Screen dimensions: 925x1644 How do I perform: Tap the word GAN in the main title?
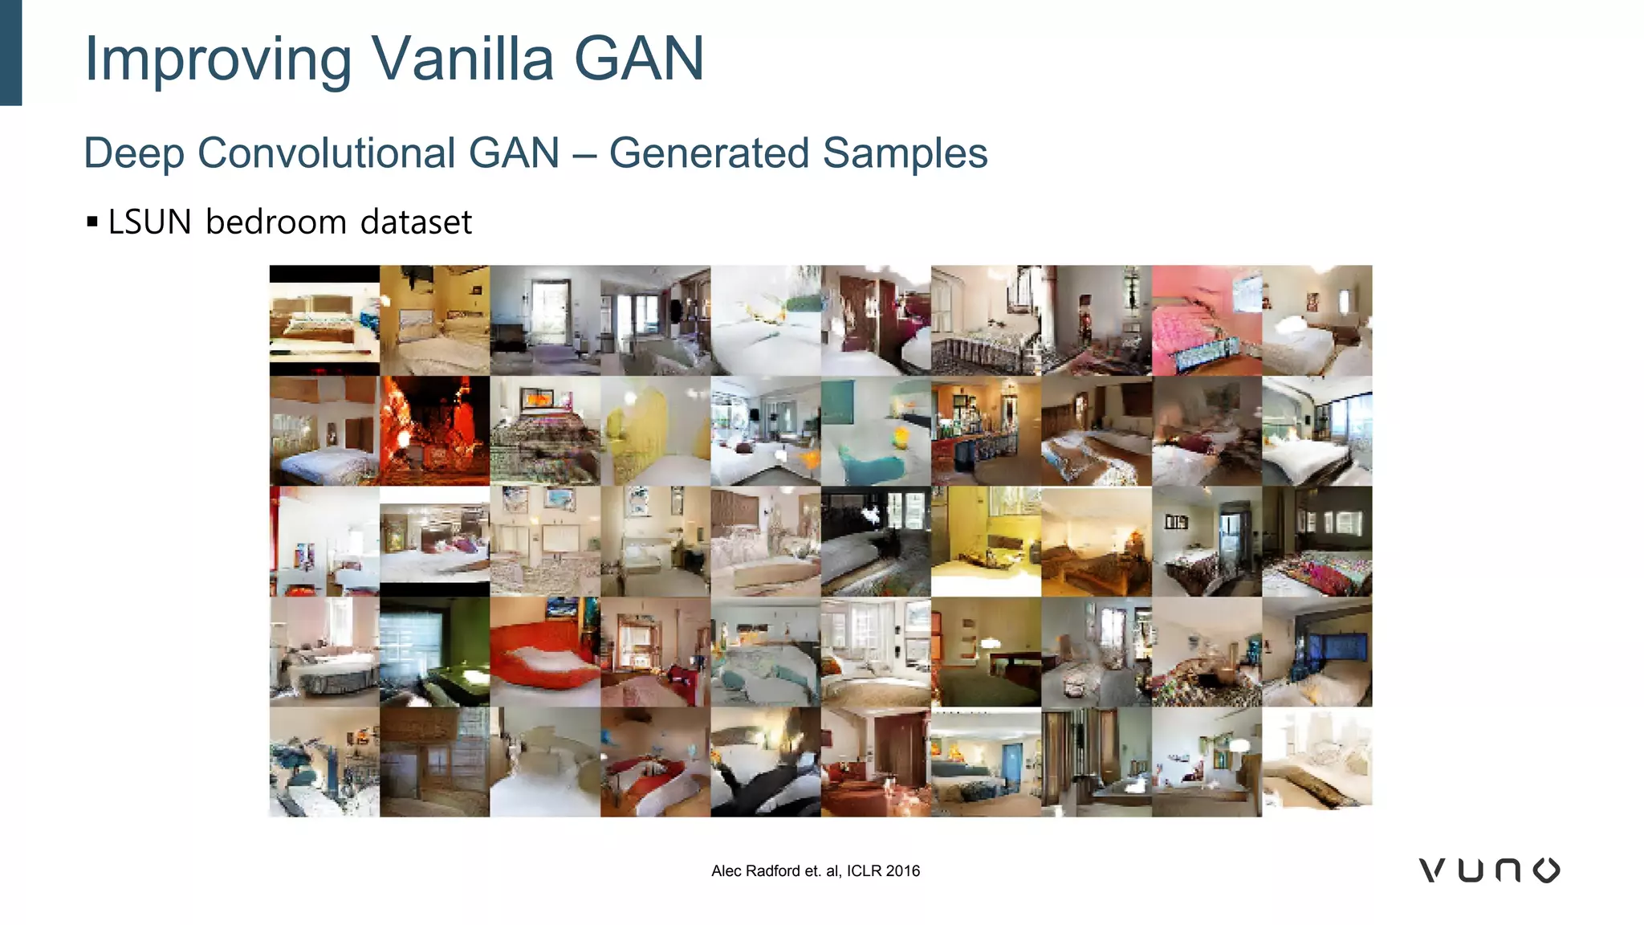pyautogui.click(x=639, y=59)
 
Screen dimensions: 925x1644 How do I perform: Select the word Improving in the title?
pyautogui.click(x=218, y=60)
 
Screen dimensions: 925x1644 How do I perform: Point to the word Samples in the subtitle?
pyautogui.click(x=905, y=153)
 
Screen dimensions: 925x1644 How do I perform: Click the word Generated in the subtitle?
pyautogui.click(x=709, y=153)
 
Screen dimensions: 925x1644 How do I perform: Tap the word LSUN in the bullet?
pyautogui.click(x=150, y=222)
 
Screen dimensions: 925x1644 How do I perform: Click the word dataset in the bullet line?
pyautogui.click(x=416, y=222)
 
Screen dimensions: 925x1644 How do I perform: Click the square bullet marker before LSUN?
pyautogui.click(x=92, y=222)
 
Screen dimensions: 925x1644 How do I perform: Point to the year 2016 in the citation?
pyautogui.click(x=903, y=871)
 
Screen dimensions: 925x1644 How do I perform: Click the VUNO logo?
pyautogui.click(x=1489, y=870)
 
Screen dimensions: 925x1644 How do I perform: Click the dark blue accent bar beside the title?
pyautogui.click(x=10, y=52)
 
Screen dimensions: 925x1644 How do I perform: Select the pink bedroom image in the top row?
pyautogui.click(x=1207, y=320)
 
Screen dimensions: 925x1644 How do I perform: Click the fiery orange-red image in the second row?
pyautogui.click(x=434, y=430)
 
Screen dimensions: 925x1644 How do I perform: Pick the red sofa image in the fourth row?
pyautogui.click(x=545, y=651)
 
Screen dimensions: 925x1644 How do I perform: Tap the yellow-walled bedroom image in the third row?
pyautogui.click(x=986, y=541)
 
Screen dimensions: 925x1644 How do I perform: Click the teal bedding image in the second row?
pyautogui.click(x=876, y=430)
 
